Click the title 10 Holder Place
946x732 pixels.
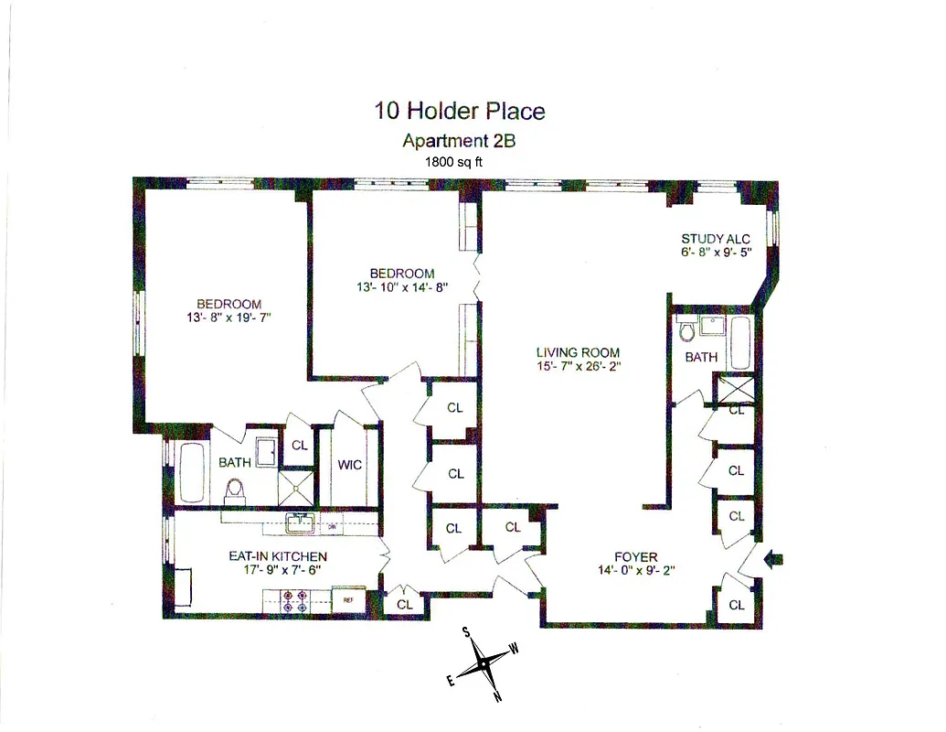click(x=460, y=111)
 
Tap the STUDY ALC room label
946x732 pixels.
click(x=716, y=239)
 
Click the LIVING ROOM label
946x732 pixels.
click(x=578, y=352)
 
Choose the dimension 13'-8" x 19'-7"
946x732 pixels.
click(x=229, y=318)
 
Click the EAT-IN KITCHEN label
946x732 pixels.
click(x=278, y=555)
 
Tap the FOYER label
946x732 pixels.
click(x=635, y=556)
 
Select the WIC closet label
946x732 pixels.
click(x=349, y=465)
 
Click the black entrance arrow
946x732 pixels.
click(x=772, y=558)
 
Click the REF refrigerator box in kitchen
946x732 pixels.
click(x=348, y=600)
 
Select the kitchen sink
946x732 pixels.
click(x=299, y=523)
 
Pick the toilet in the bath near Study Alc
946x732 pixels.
click(x=687, y=329)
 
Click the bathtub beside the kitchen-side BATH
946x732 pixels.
click(x=192, y=473)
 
